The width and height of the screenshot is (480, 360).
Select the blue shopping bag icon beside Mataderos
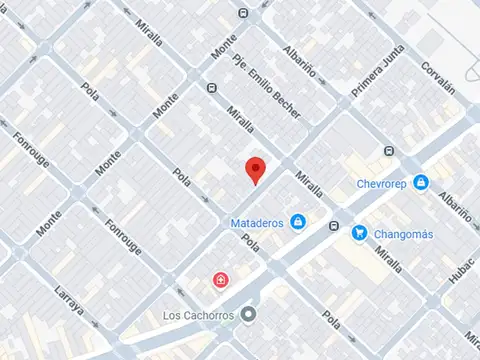point(297,222)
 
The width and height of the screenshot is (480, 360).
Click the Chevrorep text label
point(384,183)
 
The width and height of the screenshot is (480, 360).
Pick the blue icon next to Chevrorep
point(422,183)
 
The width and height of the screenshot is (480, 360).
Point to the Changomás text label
point(409,234)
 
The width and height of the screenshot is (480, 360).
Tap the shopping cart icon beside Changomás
point(359,233)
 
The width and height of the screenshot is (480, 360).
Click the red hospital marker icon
point(220,279)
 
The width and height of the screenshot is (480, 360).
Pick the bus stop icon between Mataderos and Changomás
point(333,225)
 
